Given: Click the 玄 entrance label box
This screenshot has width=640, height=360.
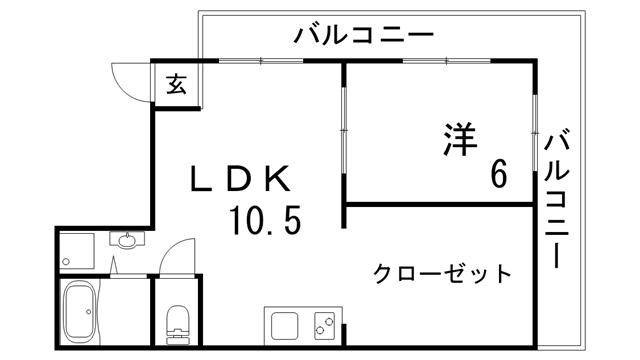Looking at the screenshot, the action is [176, 84].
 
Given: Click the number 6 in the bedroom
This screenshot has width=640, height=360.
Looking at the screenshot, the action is [497, 174].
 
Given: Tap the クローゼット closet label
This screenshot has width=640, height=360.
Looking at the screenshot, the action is [442, 273].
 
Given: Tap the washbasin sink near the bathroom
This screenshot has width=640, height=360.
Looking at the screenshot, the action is [127, 240].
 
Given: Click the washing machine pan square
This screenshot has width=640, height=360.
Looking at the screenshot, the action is [76, 250].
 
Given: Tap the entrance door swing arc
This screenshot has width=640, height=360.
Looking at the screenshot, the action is [128, 80].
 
